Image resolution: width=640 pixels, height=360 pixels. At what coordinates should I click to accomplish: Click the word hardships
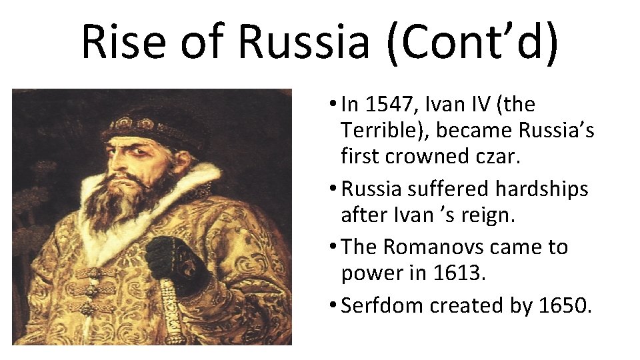(x=542, y=189)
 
